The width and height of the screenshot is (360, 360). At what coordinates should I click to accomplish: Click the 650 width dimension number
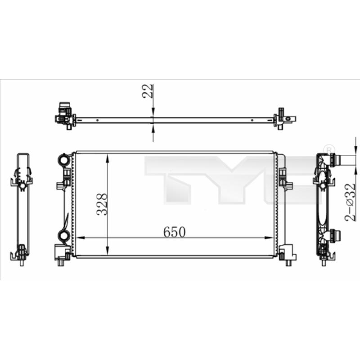tap(174, 232)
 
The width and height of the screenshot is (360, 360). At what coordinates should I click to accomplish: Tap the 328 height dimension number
tap(102, 204)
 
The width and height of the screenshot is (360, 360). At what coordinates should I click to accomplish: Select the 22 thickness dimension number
tap(148, 91)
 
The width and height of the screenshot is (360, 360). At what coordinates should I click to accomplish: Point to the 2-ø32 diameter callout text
tap(351, 202)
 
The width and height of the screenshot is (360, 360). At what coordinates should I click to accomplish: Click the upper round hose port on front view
tap(64, 159)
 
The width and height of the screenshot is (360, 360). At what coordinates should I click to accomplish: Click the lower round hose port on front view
tap(64, 235)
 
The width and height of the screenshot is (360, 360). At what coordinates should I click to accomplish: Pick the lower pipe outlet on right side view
tap(335, 235)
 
